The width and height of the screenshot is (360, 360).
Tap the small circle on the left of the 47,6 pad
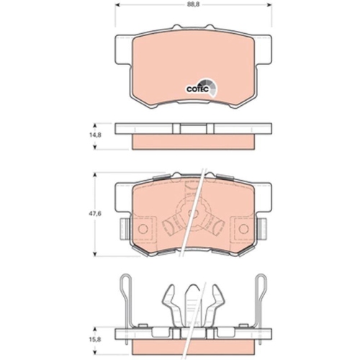[142, 230]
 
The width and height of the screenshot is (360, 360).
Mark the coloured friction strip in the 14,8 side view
[191, 143]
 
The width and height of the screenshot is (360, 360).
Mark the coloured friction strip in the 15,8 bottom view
[191, 338]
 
